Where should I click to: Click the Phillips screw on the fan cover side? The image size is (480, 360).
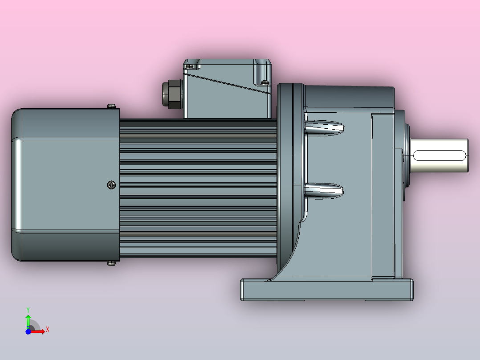pyautogui.click(x=111, y=185)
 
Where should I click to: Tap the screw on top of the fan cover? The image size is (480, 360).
pyautogui.click(x=112, y=106)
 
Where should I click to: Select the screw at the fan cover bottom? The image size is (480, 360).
pyautogui.click(x=111, y=263)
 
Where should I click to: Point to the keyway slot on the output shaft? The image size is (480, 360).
pyautogui.click(x=439, y=155)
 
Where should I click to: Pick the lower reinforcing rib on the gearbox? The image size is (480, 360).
pyautogui.click(x=324, y=191)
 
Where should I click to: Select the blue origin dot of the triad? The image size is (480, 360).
pyautogui.click(x=28, y=331)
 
